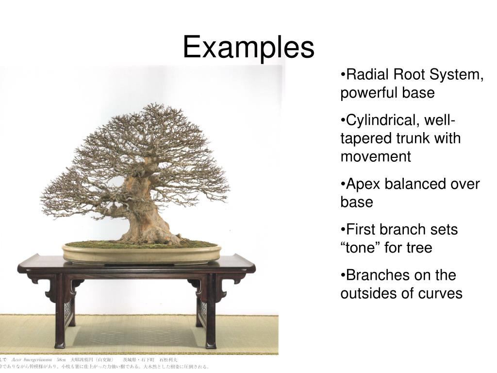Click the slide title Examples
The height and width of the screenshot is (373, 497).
pyautogui.click(x=248, y=48)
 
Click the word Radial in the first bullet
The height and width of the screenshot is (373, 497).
pyautogui.click(x=368, y=75)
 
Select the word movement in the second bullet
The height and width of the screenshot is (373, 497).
pyautogui.click(x=375, y=156)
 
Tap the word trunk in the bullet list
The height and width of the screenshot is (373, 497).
pyautogui.click(x=410, y=138)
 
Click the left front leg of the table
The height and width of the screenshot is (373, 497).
pyautogui.click(x=60, y=311)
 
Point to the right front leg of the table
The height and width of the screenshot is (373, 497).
pyautogui.click(x=210, y=311)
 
